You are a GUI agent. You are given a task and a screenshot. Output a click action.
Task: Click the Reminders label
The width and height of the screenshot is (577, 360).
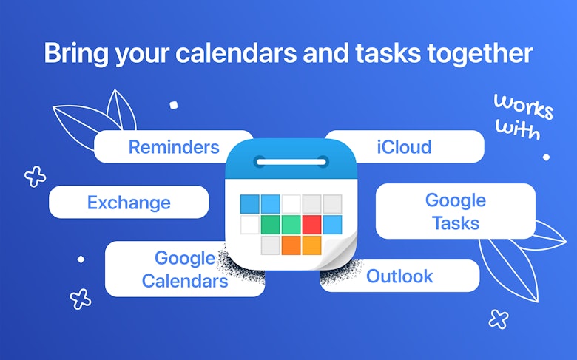(x=174, y=147)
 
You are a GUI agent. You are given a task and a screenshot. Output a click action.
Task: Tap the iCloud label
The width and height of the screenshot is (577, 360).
(x=404, y=147)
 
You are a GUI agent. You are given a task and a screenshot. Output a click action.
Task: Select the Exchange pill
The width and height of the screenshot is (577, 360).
(x=129, y=203)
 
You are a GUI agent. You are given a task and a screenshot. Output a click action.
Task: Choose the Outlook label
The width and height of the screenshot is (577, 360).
(x=399, y=276)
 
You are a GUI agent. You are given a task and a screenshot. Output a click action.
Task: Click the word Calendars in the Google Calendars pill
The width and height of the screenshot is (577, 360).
(x=185, y=282)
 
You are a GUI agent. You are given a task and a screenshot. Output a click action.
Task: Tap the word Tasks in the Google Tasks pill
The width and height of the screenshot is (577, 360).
(x=456, y=223)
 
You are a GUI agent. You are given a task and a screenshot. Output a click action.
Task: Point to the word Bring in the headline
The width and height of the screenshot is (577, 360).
(x=76, y=54)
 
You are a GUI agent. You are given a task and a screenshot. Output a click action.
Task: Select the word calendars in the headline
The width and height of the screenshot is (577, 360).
(x=236, y=53)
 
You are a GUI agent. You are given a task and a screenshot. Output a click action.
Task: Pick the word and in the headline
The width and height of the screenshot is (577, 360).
(x=325, y=53)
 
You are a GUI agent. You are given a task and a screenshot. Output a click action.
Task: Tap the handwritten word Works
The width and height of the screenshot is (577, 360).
(x=523, y=106)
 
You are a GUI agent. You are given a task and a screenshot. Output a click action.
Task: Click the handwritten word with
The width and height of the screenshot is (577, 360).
(x=518, y=129)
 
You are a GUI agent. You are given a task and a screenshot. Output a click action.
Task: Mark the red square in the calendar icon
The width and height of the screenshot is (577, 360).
(x=311, y=225)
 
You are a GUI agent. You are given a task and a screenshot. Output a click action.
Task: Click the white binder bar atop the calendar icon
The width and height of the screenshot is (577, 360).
(x=291, y=162)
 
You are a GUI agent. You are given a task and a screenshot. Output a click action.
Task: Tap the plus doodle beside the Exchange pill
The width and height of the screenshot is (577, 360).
(x=36, y=177)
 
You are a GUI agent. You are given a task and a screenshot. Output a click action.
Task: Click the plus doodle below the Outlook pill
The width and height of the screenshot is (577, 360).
(x=499, y=319)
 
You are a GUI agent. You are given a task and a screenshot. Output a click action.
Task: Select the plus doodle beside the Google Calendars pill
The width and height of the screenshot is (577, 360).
(x=81, y=299)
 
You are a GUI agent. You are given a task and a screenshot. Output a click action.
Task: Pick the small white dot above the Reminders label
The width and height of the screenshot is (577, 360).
(x=174, y=105)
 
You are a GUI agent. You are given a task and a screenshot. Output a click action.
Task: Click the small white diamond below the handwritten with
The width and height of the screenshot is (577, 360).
(x=546, y=157)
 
